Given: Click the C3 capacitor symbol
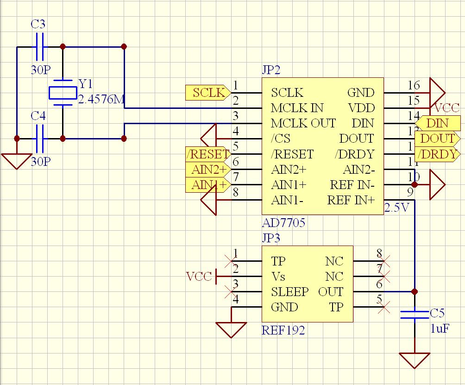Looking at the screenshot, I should [39, 47].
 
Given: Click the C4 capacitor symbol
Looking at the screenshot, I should [39, 139].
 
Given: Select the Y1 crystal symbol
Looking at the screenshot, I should [62, 92].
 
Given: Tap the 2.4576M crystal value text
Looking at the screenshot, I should [101, 100].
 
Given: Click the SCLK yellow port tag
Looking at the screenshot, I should [207, 93].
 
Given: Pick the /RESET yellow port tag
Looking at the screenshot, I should [207, 154].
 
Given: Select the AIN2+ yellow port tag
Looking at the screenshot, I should [207, 170].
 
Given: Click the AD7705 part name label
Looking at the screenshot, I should [283, 223].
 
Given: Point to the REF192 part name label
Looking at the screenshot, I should [283, 330].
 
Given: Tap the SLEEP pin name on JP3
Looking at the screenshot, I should [289, 292].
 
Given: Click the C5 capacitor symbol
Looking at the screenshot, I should [414, 315].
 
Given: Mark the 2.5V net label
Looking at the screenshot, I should [397, 208].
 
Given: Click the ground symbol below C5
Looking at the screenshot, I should [414, 360].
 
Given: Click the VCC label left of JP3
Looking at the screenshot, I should [199, 277].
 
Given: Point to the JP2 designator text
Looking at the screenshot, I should [271, 70].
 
